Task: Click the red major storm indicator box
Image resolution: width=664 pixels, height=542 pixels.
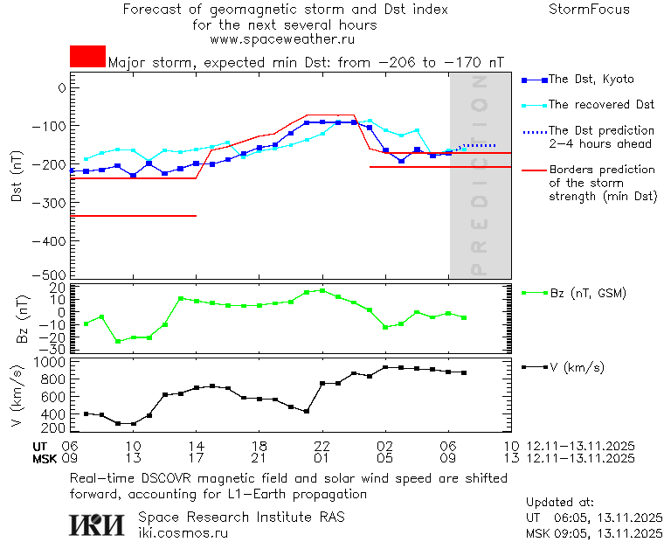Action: click(87, 56)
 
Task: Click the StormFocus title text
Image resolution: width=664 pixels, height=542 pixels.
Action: click(589, 10)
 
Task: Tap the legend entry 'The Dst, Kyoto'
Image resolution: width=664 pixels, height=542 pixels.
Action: click(590, 80)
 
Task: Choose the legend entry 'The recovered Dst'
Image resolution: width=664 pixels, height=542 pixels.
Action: click(601, 105)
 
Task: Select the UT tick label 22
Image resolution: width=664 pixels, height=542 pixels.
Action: click(322, 446)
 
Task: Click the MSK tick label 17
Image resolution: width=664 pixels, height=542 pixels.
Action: click(197, 458)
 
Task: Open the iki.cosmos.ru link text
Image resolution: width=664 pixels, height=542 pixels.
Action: click(183, 532)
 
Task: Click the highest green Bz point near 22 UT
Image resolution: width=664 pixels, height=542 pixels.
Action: click(322, 290)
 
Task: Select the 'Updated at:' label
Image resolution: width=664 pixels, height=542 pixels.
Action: click(560, 503)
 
